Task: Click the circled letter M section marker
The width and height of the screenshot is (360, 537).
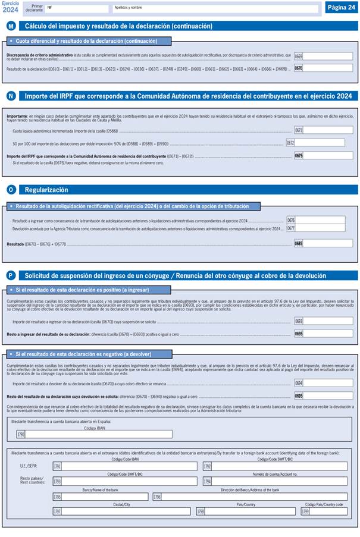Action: coord(11,26)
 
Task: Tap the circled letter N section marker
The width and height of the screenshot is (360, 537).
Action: coord(11,96)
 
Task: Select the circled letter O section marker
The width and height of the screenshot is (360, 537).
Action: coord(11,190)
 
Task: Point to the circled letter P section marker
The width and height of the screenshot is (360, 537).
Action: coord(11,275)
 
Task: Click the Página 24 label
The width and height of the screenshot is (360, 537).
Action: coord(341,7)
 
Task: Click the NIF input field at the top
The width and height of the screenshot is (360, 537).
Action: coord(77,9)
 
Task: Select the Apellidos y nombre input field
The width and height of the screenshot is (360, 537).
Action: coord(214,9)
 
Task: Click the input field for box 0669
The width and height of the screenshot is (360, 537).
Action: coord(328,56)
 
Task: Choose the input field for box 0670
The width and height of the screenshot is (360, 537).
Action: coord(328,68)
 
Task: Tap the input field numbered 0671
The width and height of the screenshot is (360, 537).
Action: coord(328,130)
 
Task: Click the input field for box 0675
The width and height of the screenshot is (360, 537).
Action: coord(328,156)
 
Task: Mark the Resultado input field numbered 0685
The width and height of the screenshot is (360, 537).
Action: coord(328,243)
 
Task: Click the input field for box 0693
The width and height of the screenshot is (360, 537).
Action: coord(328,321)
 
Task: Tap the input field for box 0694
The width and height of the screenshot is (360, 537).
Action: coord(328,383)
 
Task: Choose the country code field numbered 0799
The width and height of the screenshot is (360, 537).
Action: coord(328,511)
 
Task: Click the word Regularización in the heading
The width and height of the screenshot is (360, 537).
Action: coord(46,190)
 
